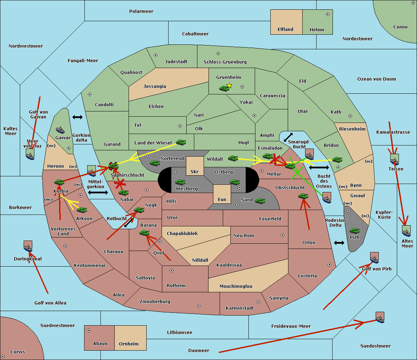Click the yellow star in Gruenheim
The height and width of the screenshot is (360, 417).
coord(229,85)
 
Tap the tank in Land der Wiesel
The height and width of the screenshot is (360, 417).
coord(181,142)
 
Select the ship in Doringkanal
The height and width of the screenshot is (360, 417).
coord(28,246)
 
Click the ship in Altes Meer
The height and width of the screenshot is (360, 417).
coord(406,231)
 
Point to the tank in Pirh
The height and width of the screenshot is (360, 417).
coord(354,231)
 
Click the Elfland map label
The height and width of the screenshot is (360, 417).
coord(285,30)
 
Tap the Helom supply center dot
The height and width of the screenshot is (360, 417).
coord(327,14)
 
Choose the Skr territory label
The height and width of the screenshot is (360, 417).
coord(195,171)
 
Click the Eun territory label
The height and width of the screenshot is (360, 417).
coord(222,199)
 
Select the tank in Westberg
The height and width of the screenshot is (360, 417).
coord(180,182)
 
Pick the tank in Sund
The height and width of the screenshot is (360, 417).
coord(260,200)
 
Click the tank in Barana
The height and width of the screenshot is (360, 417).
coord(144,233)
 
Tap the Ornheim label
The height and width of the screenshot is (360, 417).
coord(129,344)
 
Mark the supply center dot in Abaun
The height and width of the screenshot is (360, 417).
coord(89,330)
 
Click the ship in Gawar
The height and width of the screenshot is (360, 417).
coord(60,130)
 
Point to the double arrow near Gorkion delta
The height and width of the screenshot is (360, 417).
coord(77,117)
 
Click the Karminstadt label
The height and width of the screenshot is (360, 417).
coord(240,308)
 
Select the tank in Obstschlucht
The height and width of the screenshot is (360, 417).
coord(303,196)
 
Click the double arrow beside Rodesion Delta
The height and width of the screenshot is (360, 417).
coord(339,243)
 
